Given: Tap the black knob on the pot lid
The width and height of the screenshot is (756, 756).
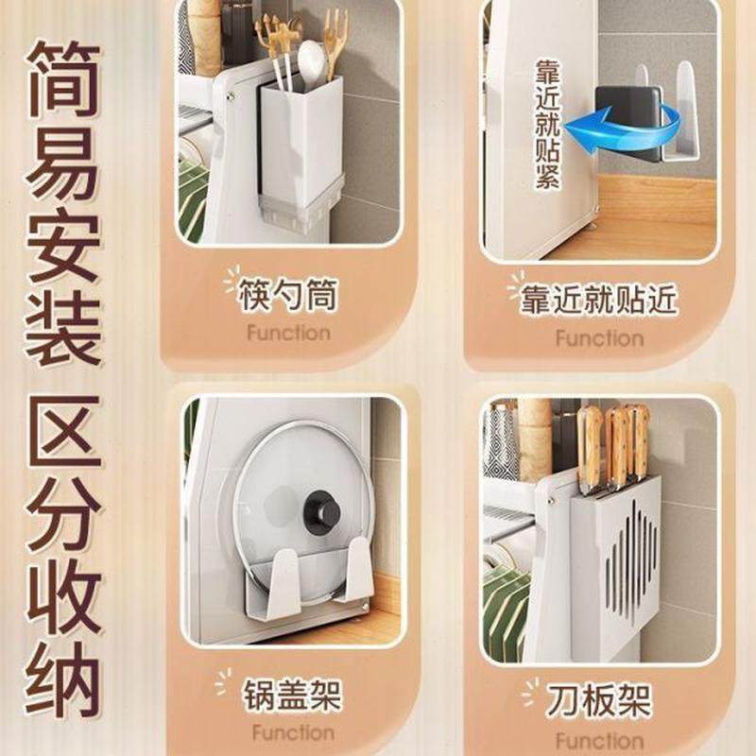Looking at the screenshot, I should pyautogui.click(x=321, y=511).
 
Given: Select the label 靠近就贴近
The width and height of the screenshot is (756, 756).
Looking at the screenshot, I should pyautogui.click(x=599, y=300).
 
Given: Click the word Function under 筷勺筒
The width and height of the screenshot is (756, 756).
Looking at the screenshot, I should pyautogui.click(x=288, y=333).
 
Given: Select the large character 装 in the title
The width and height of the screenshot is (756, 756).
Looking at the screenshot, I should pyautogui.click(x=62, y=327).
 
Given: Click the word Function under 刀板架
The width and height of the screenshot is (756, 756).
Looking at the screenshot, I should pyautogui.click(x=598, y=738).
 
